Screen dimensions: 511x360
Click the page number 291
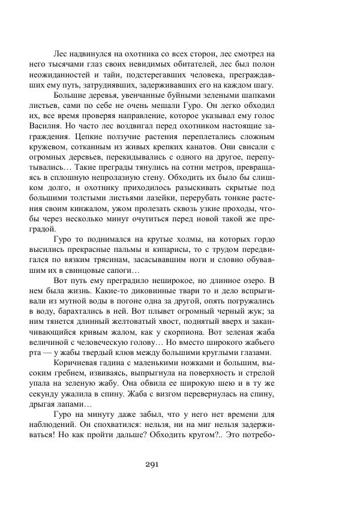(151, 463)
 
